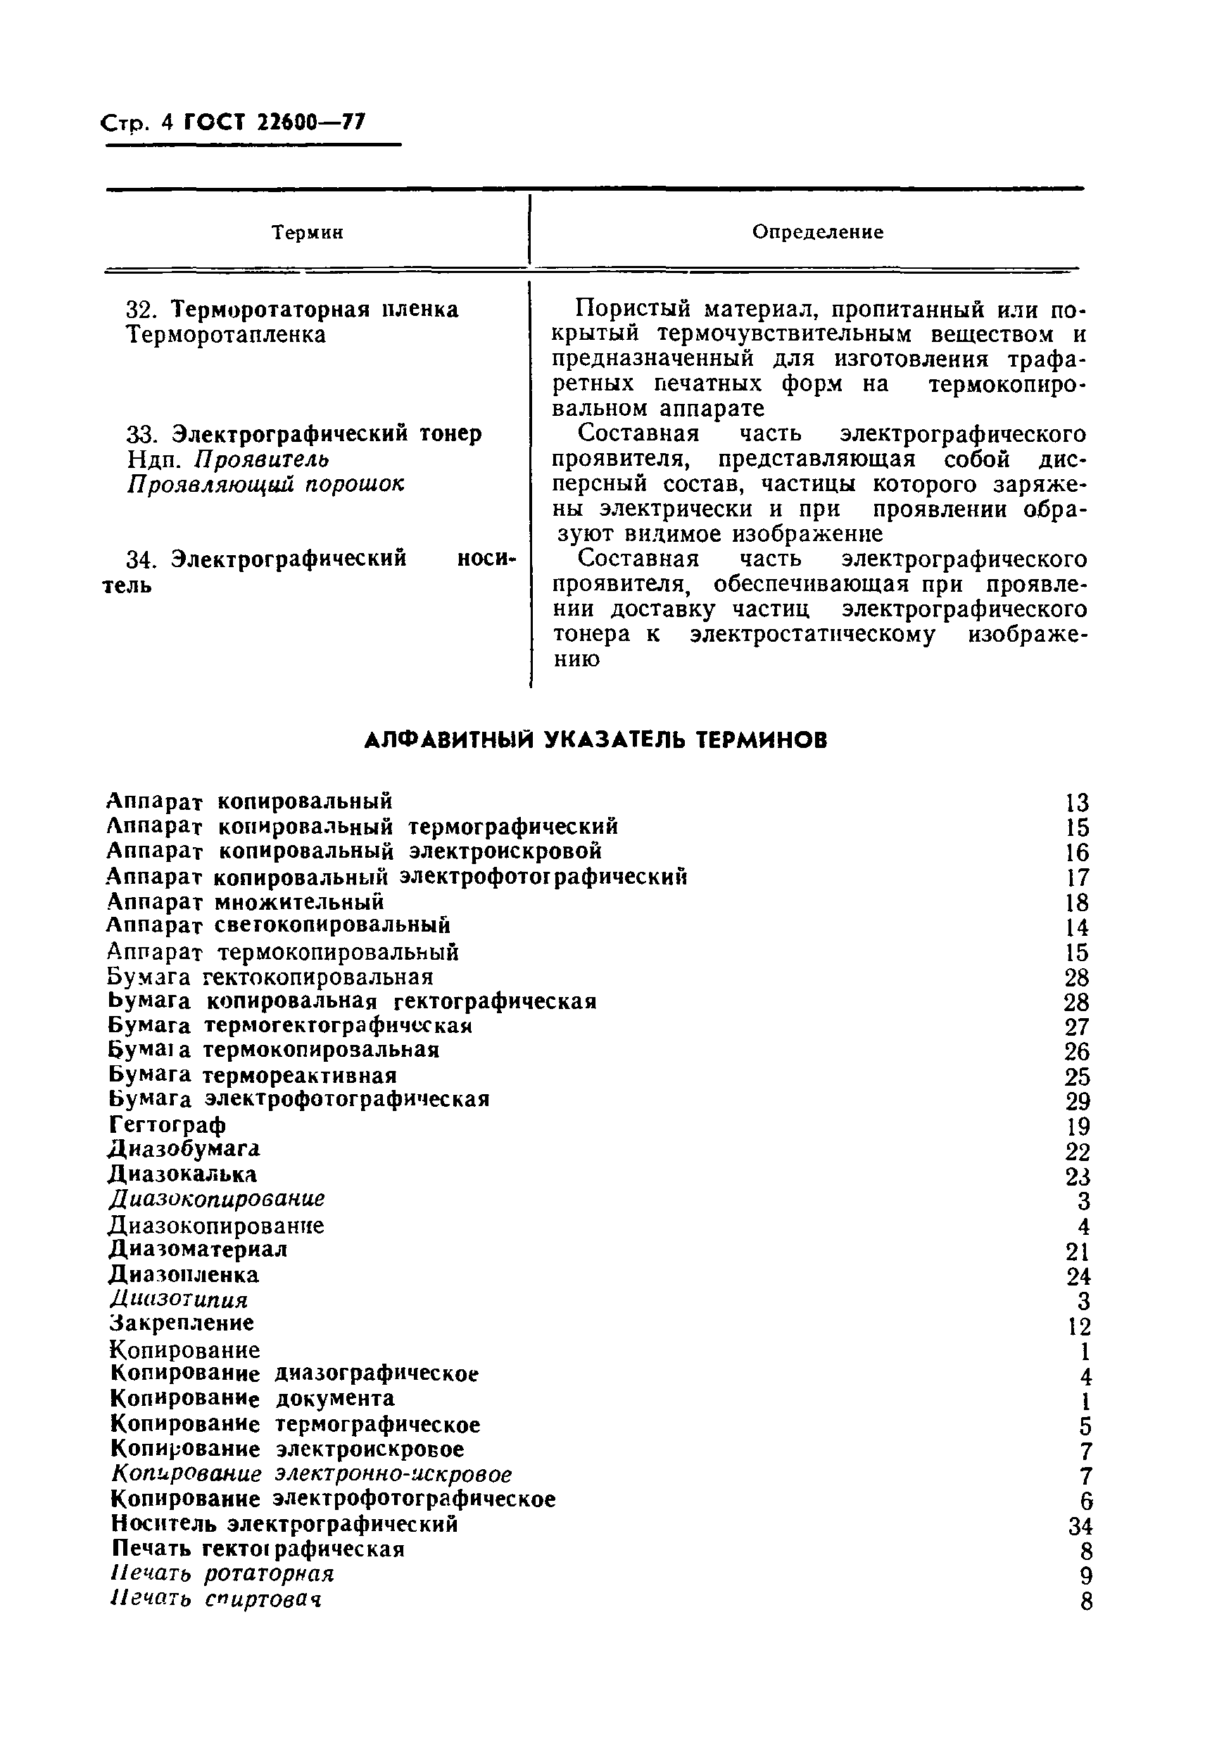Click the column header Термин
point(307,233)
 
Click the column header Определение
point(817,232)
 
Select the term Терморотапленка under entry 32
point(225,335)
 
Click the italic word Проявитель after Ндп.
point(261,459)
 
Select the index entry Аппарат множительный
point(246,902)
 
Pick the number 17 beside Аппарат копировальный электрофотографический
point(1078,879)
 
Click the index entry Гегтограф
point(167,1125)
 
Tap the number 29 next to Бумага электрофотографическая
point(1078,1102)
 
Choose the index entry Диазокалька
point(183,1174)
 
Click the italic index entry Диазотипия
point(179,1300)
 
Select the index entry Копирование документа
point(252,1399)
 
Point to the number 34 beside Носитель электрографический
point(1080,1527)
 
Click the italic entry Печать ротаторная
point(222,1574)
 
